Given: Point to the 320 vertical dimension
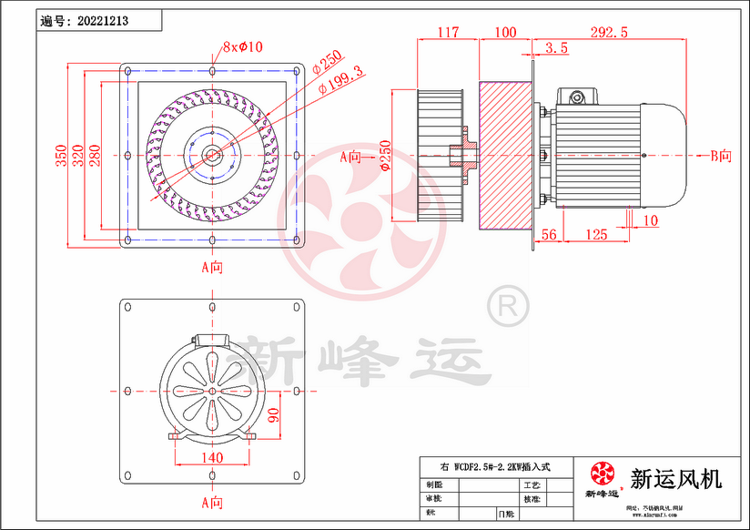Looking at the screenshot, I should pyautogui.click(x=79, y=157).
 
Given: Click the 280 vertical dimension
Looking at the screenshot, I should pyautogui.click(x=96, y=157).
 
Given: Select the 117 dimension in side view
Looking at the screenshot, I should pyautogui.click(x=447, y=32).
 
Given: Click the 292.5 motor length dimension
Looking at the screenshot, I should pyautogui.click(x=609, y=32).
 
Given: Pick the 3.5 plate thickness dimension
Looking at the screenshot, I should pyautogui.click(x=557, y=47).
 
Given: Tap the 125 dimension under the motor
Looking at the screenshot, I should pyautogui.click(x=595, y=235).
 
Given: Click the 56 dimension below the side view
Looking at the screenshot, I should pyautogui.click(x=549, y=235).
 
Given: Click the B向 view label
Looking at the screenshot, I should pyautogui.click(x=720, y=156).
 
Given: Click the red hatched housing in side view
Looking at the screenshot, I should pyautogui.click(x=506, y=155).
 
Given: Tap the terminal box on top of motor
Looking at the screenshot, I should pyautogui.click(x=579, y=95).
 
